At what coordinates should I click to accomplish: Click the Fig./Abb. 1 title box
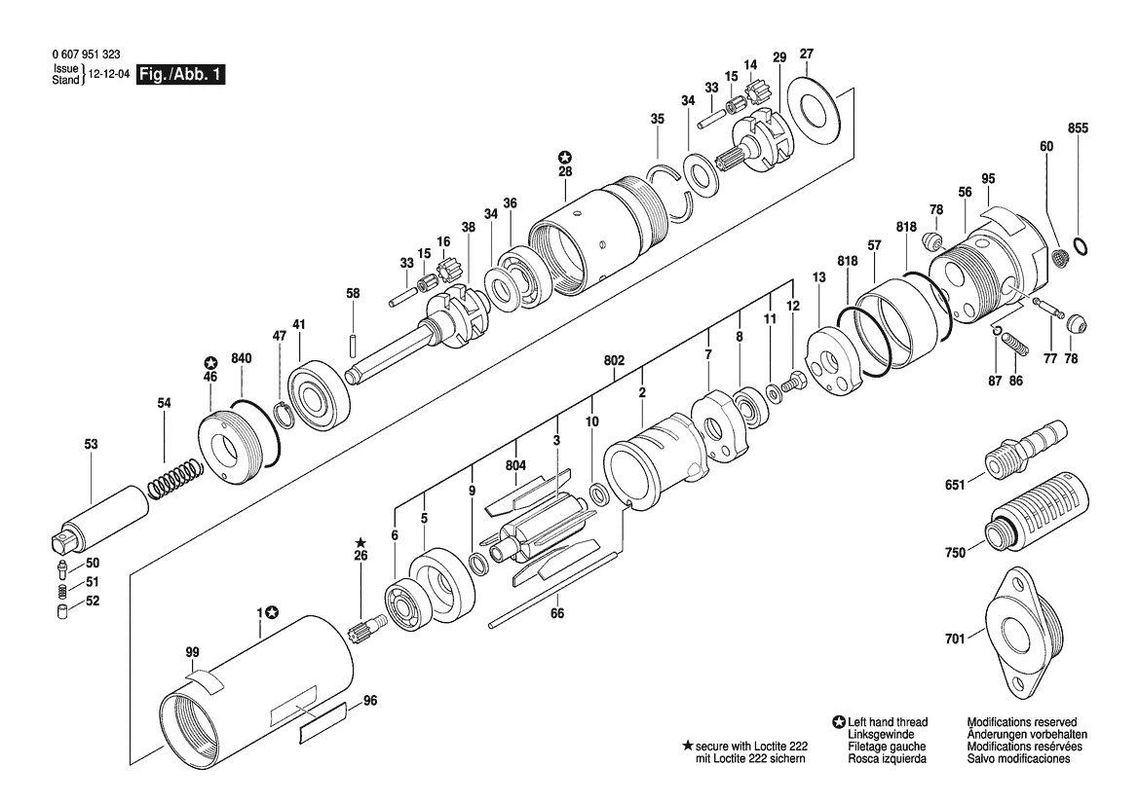(x=181, y=74)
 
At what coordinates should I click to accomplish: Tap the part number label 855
(x=1078, y=128)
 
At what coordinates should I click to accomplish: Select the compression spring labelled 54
(x=175, y=478)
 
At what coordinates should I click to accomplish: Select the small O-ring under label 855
(x=1080, y=246)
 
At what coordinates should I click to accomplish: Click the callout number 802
(x=614, y=361)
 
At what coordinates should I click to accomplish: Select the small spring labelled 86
(x=1014, y=341)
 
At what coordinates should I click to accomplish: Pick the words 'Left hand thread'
(x=888, y=722)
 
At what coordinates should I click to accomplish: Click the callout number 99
(x=192, y=652)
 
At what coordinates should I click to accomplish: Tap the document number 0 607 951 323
(x=87, y=55)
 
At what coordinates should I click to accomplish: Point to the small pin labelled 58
(x=353, y=344)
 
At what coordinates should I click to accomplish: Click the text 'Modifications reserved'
(x=1022, y=722)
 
